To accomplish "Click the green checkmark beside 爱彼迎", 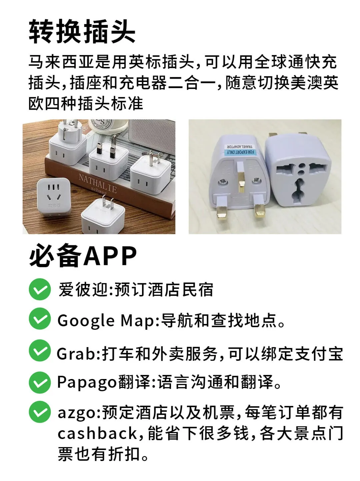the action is click(40, 289).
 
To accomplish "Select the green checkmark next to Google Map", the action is click(40, 319).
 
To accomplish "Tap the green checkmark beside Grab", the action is click(40, 351).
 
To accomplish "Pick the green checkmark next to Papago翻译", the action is click(40, 383).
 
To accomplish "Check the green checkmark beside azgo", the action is click(40, 412).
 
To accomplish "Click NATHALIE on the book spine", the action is click(98, 183).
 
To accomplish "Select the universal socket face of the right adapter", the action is click(301, 180).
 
